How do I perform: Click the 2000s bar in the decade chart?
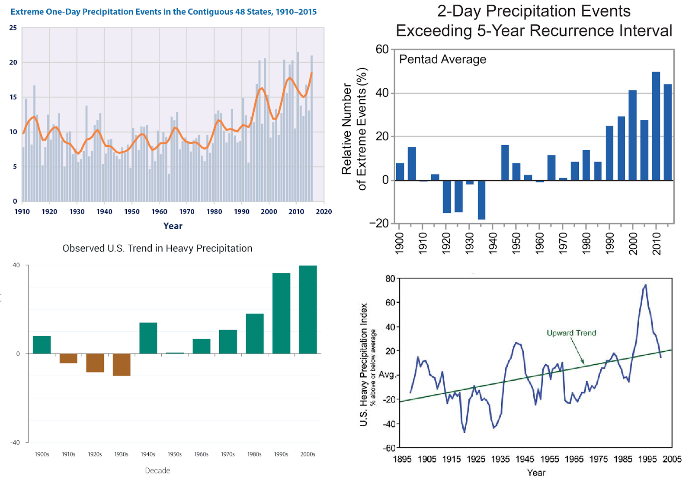tap(308, 309)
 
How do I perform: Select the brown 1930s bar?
tap(122, 364)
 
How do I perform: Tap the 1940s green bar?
tap(148, 338)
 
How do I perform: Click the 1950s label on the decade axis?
tap(175, 454)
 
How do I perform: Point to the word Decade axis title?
tap(157, 470)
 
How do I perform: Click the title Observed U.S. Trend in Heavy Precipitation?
tap(157, 248)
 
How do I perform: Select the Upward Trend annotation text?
tap(571, 333)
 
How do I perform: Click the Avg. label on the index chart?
tap(387, 374)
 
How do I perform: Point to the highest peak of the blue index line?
tap(645, 285)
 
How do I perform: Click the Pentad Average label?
tap(442, 59)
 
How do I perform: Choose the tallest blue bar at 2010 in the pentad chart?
tap(656, 126)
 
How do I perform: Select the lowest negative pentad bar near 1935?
tap(481, 200)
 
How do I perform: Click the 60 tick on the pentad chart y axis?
tap(382, 49)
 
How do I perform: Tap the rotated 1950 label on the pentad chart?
tap(516, 243)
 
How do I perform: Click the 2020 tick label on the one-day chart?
tap(324, 211)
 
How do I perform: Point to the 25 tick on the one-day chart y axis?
tap(13, 28)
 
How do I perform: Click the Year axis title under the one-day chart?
tap(173, 226)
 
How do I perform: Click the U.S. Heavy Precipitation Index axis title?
tap(364, 364)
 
